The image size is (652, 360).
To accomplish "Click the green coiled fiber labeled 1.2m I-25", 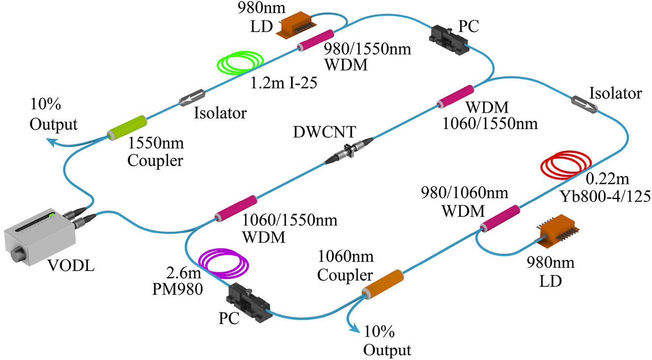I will point(241,63).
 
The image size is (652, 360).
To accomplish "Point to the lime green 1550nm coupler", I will point(127,127).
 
